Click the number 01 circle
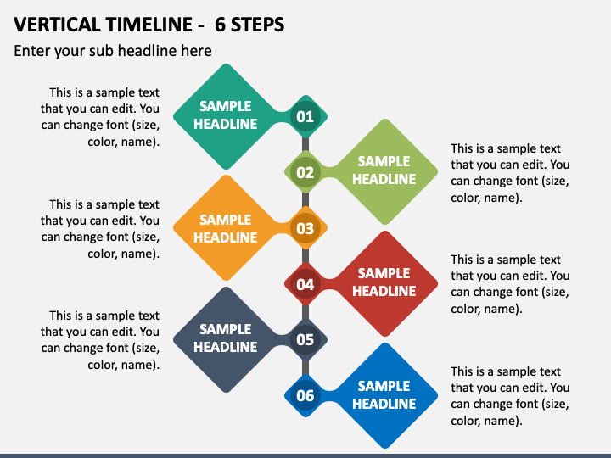305,116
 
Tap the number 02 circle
305,172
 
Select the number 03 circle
305,228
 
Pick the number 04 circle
305,284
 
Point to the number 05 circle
305,339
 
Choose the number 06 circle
305,396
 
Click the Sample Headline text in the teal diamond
225,114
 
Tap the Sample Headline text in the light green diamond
384,170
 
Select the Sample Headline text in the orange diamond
225,229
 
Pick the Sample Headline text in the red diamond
384,282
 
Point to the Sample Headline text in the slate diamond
225,338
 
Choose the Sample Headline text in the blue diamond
384,395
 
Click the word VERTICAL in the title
58,25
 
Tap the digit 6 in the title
220,25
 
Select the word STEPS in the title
258,25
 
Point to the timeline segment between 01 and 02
305,144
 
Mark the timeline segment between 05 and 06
305,367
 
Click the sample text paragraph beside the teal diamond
100,117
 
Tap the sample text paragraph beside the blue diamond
510,396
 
